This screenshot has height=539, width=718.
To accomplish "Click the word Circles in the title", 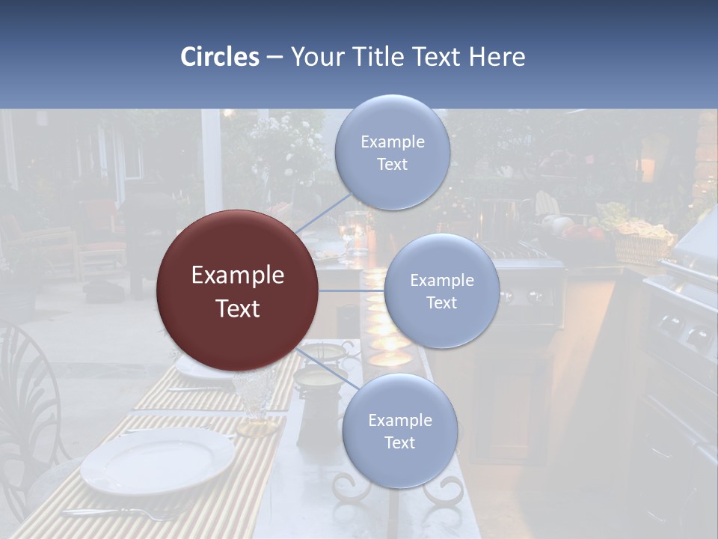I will [220, 56].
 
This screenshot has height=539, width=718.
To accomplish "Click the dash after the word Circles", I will [274, 58].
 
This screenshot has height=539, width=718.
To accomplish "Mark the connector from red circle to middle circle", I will [352, 290].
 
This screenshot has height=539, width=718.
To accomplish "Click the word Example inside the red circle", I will [238, 275].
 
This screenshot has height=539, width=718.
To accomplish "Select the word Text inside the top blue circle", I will [392, 165].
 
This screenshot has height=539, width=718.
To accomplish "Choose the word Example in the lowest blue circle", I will [399, 420].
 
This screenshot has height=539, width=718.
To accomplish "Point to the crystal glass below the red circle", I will [257, 401].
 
